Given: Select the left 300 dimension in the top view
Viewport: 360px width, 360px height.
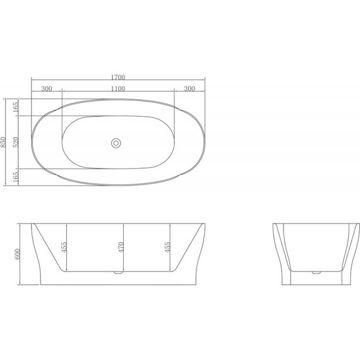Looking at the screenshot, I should click(47, 88).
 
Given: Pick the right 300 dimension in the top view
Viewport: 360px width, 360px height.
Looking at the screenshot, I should click(189, 88).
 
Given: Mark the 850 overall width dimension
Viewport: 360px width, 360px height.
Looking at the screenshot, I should click(5, 142).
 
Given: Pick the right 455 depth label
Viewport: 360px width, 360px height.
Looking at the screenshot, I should click(167, 247).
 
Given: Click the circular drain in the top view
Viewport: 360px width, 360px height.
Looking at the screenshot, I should click(116, 143).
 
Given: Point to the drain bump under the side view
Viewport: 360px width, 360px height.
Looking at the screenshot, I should click(116, 273).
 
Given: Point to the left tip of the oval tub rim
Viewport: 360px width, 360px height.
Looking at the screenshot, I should click(32, 143).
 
